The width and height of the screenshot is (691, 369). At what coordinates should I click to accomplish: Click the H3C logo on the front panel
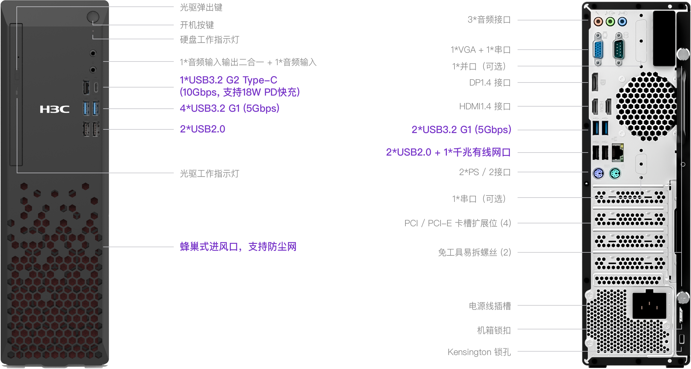(55, 109)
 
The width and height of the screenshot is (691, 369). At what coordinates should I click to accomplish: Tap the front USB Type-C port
(96, 87)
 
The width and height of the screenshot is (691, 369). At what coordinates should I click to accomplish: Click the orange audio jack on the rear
(598, 22)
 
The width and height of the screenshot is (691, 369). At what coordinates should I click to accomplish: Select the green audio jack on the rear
(610, 22)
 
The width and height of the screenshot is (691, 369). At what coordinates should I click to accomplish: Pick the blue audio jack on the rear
(622, 22)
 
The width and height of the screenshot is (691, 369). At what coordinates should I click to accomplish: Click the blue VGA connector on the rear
(598, 49)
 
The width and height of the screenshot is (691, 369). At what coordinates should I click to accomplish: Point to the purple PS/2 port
(598, 174)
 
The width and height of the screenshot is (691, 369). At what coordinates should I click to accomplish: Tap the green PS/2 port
(615, 174)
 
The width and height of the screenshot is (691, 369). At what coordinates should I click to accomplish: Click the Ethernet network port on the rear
(618, 152)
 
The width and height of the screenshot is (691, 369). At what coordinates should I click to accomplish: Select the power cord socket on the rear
(649, 305)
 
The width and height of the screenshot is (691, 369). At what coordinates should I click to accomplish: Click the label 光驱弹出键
(201, 7)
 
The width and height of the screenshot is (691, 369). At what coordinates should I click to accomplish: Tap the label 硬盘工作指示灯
(210, 40)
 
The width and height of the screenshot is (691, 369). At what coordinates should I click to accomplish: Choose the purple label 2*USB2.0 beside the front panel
(203, 129)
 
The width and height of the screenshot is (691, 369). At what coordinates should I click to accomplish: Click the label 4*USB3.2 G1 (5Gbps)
(230, 108)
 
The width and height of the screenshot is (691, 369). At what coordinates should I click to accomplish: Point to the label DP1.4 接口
(490, 83)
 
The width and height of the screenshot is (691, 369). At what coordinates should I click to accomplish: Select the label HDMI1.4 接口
(485, 106)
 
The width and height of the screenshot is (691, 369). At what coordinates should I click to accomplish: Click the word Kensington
(469, 352)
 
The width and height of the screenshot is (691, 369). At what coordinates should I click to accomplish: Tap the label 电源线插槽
(490, 306)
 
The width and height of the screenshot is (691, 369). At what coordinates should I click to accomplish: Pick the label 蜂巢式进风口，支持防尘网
(238, 247)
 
